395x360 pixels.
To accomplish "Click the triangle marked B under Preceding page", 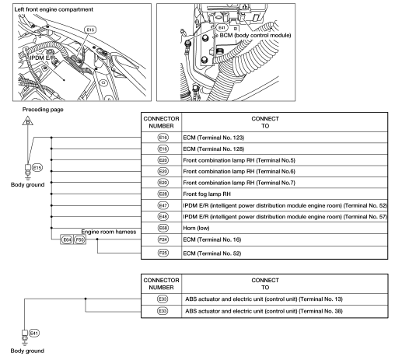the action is pyautogui.click(x=28, y=121).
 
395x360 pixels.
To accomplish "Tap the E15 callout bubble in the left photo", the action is pyautogui.click(x=90, y=30).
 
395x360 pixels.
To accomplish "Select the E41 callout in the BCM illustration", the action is pyautogui.click(x=222, y=28).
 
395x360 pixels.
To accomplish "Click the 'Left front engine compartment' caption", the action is pyautogui.click(x=54, y=9).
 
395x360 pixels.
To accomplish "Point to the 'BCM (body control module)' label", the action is pyautogui.click(x=255, y=35).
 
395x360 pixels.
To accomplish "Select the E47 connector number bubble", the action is pyautogui.click(x=163, y=205).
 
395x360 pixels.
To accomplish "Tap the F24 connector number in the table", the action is pyautogui.click(x=163, y=239).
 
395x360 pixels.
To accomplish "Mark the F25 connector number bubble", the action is pyautogui.click(x=163, y=253).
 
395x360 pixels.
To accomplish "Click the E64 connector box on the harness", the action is pyautogui.click(x=67, y=239).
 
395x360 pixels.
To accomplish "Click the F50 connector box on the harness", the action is pyautogui.click(x=79, y=239).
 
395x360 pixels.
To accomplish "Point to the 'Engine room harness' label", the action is pyautogui.click(x=109, y=232).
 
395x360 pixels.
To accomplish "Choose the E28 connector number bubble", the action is pyautogui.click(x=163, y=194).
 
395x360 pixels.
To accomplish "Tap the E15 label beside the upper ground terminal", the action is pyautogui.click(x=37, y=168).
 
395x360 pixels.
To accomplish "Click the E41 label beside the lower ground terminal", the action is pyautogui.click(x=34, y=333).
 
